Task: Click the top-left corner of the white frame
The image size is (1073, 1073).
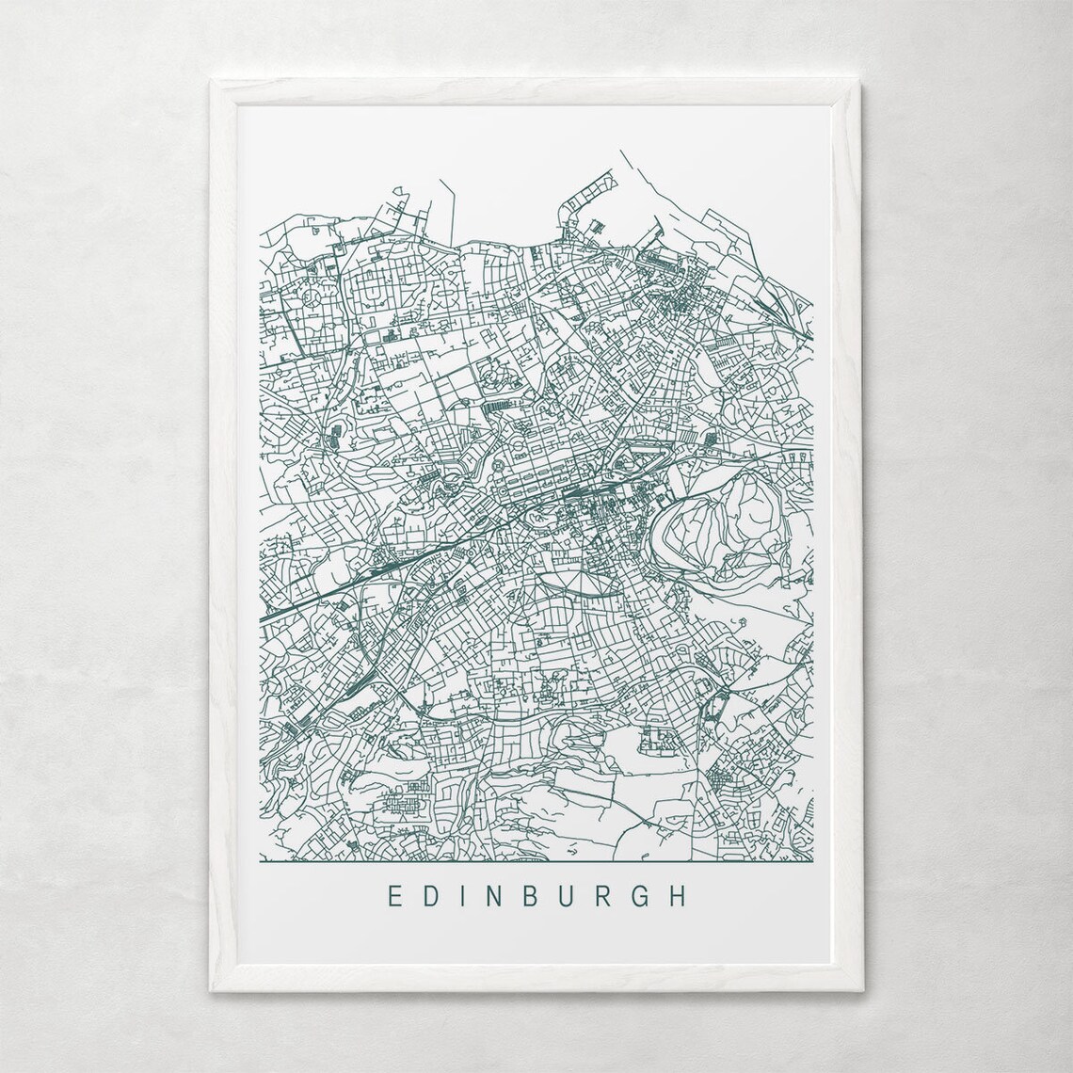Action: click(x=212, y=81)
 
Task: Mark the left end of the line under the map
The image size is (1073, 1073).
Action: click(x=260, y=860)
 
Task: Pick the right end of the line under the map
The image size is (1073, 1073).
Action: click(x=813, y=860)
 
